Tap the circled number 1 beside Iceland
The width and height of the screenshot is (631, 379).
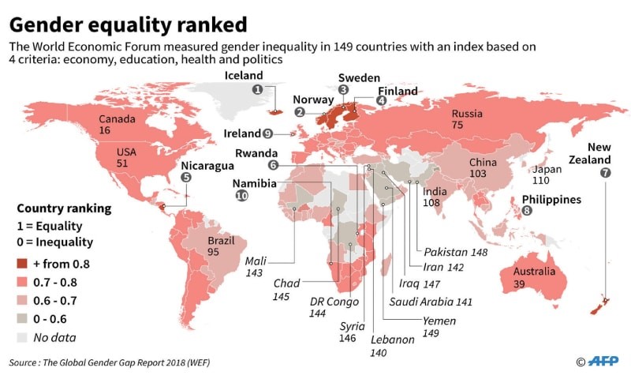pyautogui.click(x=257, y=91)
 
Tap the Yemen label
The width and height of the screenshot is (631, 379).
pyautogui.click(x=440, y=322)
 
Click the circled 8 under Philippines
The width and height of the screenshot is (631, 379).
pyautogui.click(x=527, y=212)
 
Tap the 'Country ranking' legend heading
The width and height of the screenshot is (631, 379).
pyautogui.click(x=64, y=209)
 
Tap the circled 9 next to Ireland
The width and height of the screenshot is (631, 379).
pyautogui.click(x=268, y=133)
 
